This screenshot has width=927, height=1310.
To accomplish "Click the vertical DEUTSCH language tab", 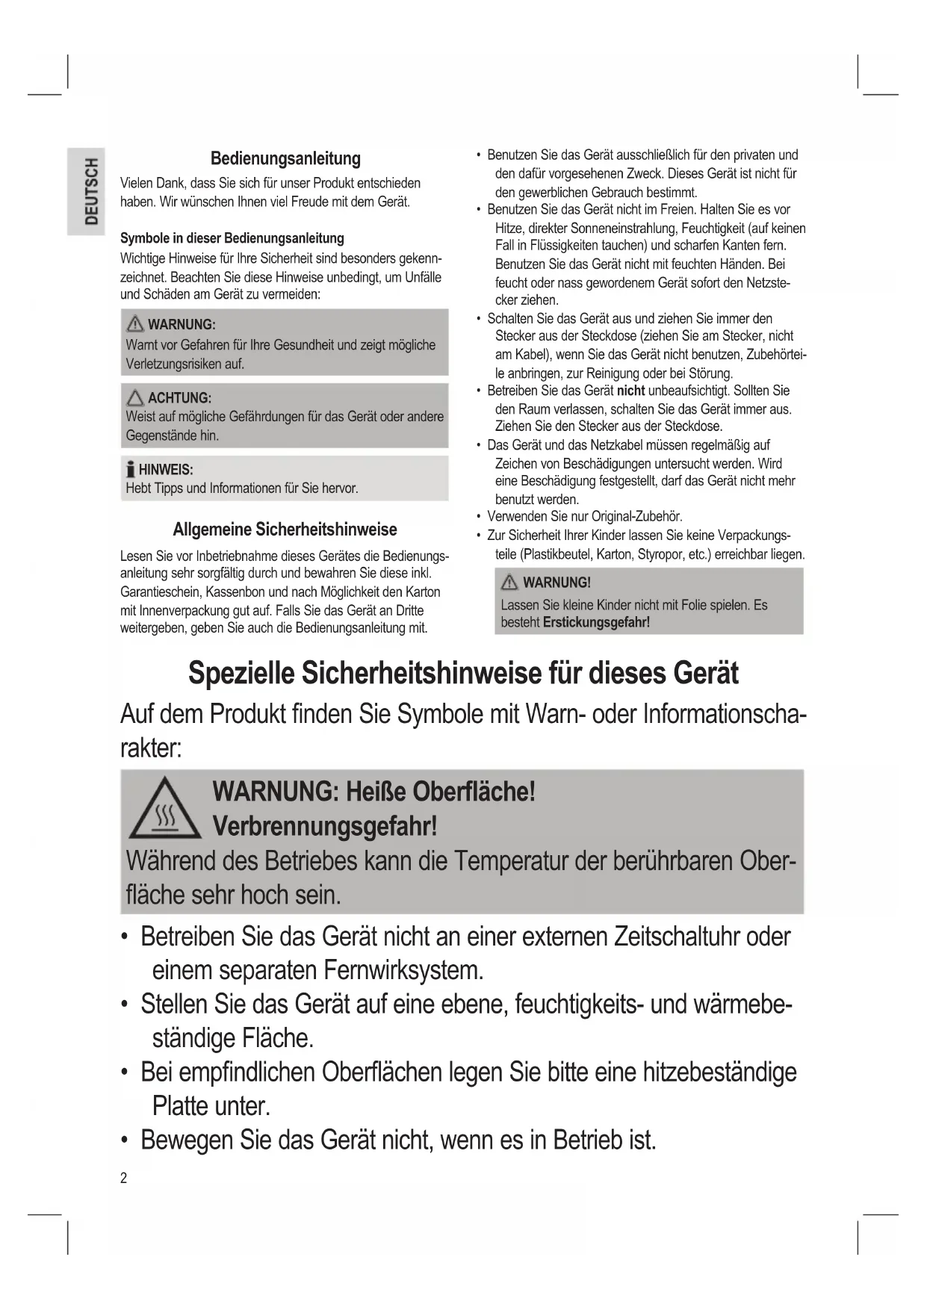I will click(x=90, y=191).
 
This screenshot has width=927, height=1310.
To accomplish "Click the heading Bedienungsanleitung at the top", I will click(x=285, y=158).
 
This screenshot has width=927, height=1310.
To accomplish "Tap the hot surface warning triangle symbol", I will click(x=164, y=810).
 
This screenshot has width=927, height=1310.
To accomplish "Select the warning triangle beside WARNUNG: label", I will click(x=135, y=324).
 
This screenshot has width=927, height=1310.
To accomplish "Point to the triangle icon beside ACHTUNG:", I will click(x=135, y=397).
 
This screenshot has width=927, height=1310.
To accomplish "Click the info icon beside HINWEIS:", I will click(x=131, y=469).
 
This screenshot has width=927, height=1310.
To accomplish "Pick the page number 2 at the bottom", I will click(x=124, y=1178).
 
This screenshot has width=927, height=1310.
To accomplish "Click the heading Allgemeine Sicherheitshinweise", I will click(x=285, y=530).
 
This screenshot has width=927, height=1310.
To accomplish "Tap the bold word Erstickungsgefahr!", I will click(x=596, y=622).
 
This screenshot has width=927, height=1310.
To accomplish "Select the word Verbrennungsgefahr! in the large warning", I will click(x=325, y=827).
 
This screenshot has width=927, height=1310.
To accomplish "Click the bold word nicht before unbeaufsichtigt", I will click(x=630, y=391).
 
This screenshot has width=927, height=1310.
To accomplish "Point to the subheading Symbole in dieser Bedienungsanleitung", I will click(x=232, y=238).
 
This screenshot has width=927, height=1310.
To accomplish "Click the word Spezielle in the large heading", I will click(x=241, y=673).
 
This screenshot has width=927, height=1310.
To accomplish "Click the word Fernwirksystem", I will click(x=403, y=971).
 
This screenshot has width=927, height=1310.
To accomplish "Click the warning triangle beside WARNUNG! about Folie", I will click(x=510, y=583).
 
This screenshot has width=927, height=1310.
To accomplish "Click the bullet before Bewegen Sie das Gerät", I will click(x=125, y=1141).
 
